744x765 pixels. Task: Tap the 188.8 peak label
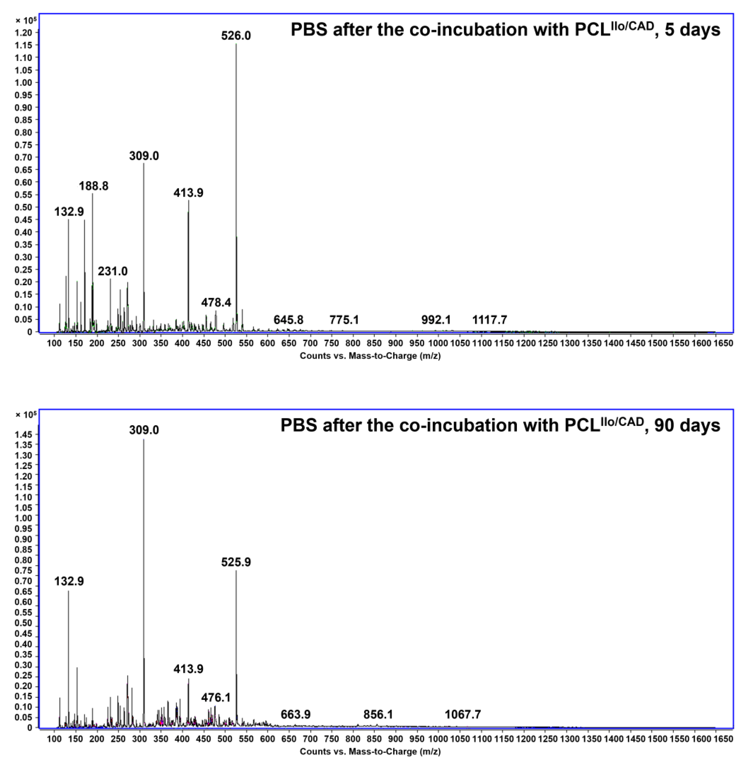tap(93, 186)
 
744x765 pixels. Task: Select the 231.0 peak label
tap(113, 271)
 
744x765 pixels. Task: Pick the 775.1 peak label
tap(344, 320)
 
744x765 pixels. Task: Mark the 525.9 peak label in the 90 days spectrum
tap(236, 562)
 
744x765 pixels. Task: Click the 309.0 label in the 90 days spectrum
tap(144, 430)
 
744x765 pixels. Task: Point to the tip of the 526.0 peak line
tap(236, 44)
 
